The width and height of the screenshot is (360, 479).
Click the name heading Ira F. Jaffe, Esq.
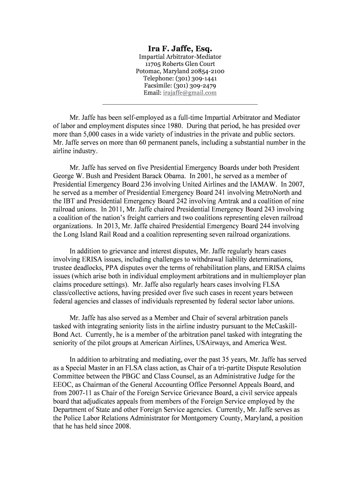click(x=180, y=49)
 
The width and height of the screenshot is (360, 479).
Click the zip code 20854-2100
click(x=207, y=71)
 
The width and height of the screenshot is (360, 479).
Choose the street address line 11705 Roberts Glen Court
click(x=180, y=64)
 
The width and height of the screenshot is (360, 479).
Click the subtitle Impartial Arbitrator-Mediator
click(x=180, y=57)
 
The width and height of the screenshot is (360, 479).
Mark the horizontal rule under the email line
click(x=180, y=104)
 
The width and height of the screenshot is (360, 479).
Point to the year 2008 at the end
click(x=122, y=427)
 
